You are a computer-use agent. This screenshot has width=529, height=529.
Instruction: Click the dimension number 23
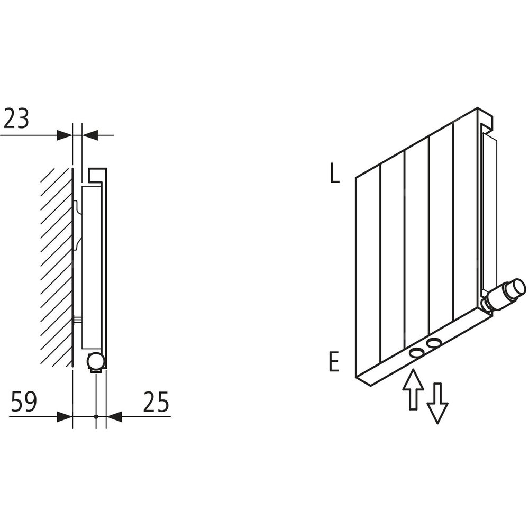pos(16,118)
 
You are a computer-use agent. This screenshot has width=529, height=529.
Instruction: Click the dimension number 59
pos(24,402)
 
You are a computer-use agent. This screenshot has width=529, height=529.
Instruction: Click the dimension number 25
pos(156,402)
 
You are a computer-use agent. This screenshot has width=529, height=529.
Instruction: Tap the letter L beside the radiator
pos(334,173)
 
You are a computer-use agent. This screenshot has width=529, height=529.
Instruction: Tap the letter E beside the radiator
pos(334,361)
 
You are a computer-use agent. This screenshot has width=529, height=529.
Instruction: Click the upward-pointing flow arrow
pos(413,389)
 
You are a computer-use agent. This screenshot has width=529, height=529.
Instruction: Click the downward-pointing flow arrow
pos(437,403)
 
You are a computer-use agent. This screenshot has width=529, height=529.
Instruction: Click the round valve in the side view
pos(95,361)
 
